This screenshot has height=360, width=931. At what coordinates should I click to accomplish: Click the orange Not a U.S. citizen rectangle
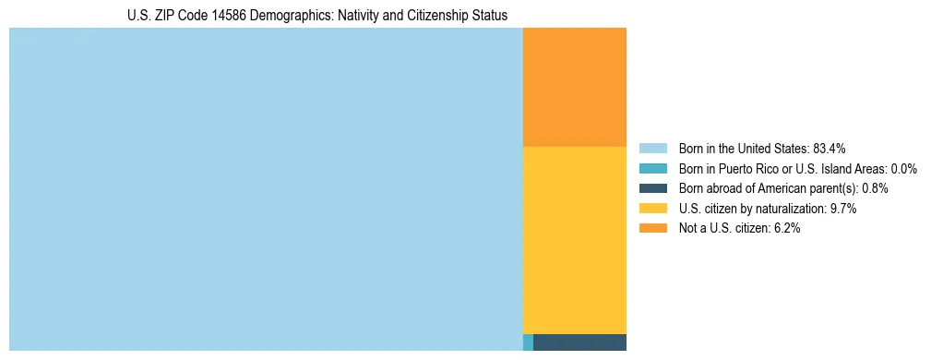coord(574,88)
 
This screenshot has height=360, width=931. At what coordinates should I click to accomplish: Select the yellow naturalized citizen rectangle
coord(574,240)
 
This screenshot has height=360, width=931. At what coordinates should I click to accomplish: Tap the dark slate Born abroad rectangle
coord(579,342)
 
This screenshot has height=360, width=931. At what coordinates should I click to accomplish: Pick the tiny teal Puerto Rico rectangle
coord(528,342)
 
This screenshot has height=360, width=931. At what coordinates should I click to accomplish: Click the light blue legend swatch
coord(652,149)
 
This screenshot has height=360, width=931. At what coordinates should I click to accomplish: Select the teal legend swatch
coord(652,169)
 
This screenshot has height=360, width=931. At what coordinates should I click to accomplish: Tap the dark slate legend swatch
coord(652,188)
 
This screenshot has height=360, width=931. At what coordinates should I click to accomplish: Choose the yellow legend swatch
coord(652,209)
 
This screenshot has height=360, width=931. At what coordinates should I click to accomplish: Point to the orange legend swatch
coord(652,229)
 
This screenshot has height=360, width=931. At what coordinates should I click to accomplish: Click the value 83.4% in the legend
coord(830,149)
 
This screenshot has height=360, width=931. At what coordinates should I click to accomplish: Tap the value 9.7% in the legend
coord(843,209)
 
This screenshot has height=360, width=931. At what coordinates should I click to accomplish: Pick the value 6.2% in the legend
coord(787,229)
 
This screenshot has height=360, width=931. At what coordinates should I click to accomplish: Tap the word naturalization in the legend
coord(793,209)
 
